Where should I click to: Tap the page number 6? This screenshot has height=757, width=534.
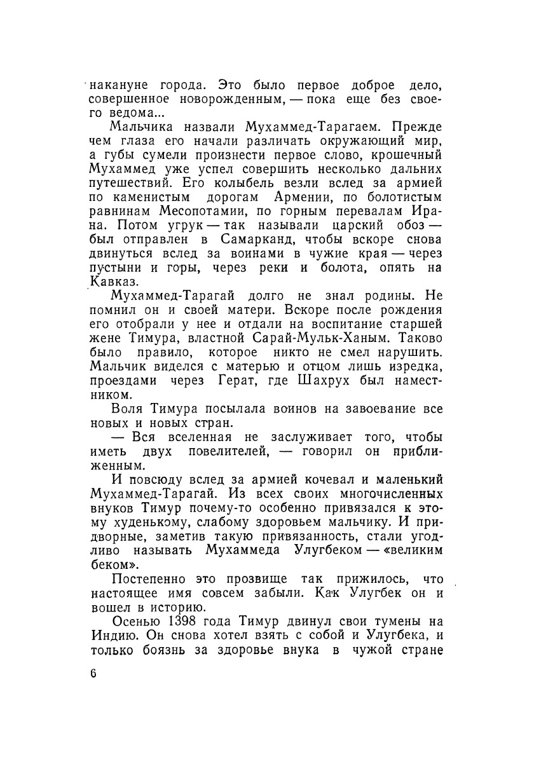pyautogui.click(x=93, y=674)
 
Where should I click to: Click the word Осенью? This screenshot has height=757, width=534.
pyautogui.click(x=133, y=620)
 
